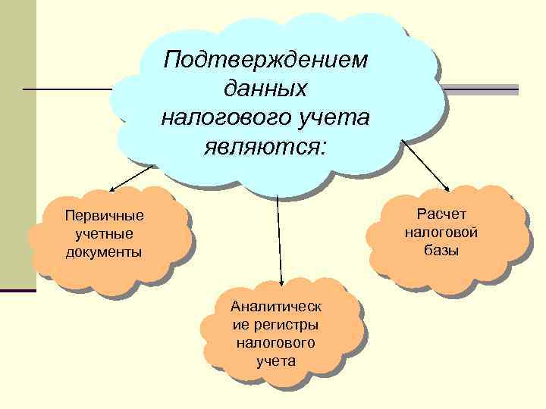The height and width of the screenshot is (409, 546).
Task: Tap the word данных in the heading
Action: tap(265, 88)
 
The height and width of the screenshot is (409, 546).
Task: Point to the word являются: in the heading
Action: tap(265, 145)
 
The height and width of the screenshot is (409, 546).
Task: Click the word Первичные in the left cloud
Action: tap(105, 217)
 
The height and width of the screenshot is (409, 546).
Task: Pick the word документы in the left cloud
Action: tap(104, 251)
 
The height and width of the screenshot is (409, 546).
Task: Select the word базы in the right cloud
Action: tap(441, 250)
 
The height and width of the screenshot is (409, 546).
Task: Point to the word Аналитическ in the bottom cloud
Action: tap(276, 308)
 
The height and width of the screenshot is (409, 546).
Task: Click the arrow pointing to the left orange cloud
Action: tap(133, 177)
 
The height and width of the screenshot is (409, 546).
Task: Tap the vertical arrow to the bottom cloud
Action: tap(280, 242)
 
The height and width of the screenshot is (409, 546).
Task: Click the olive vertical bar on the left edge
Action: tap(17, 144)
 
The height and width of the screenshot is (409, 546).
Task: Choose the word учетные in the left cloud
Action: tap(104, 234)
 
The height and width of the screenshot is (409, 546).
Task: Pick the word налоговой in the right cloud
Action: tap(441, 233)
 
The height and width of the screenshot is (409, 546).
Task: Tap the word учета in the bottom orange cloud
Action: tap(276, 361)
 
